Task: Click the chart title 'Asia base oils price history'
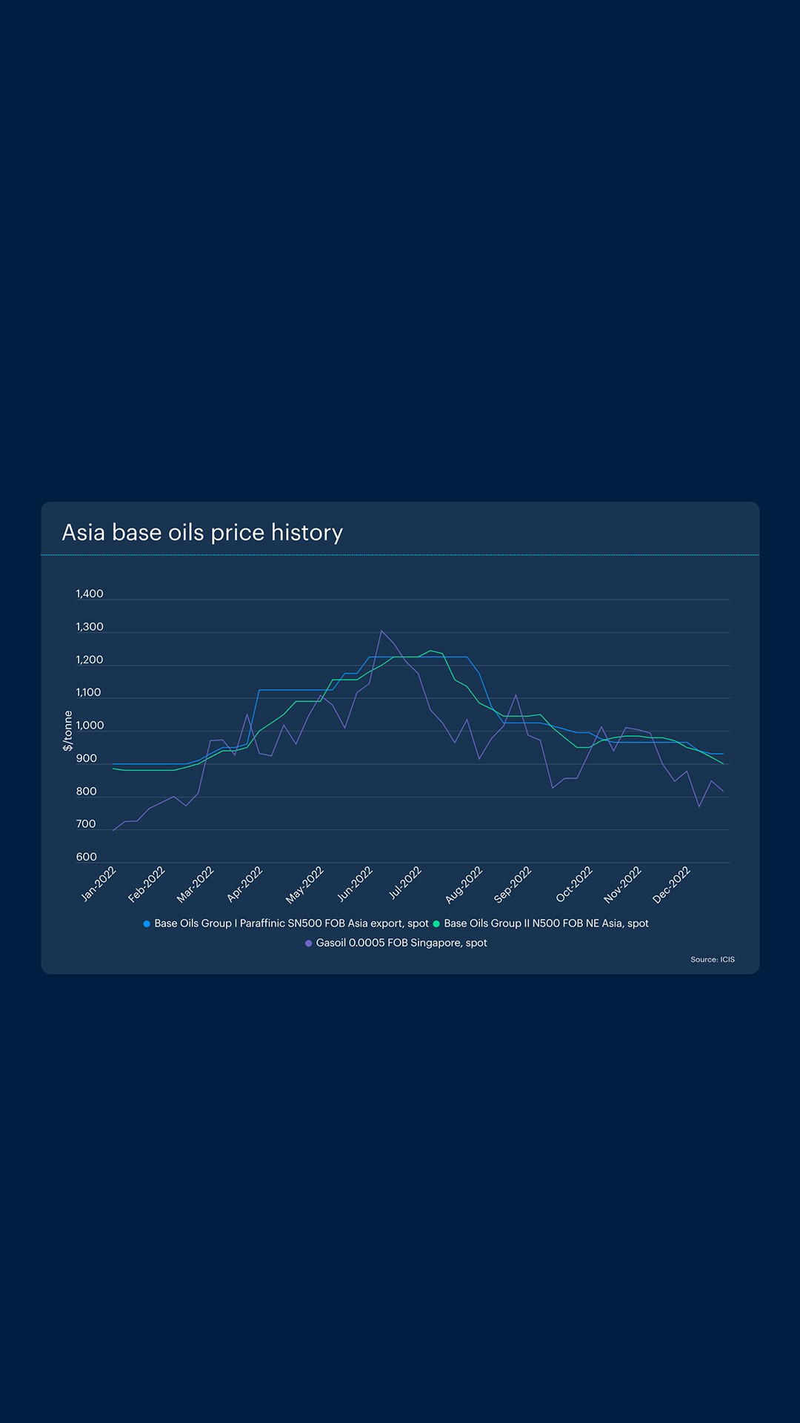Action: (x=202, y=533)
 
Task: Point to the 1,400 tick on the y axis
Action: (x=90, y=594)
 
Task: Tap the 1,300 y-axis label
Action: (x=90, y=627)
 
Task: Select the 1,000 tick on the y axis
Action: (x=90, y=726)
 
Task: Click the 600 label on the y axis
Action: (x=87, y=857)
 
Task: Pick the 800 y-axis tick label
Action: (x=87, y=792)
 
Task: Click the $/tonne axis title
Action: (x=68, y=731)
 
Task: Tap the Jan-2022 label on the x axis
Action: (x=99, y=883)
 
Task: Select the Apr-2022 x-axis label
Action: (x=245, y=883)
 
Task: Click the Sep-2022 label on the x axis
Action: (x=513, y=883)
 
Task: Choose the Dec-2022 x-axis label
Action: (x=672, y=883)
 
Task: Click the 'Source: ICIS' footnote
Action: (x=713, y=960)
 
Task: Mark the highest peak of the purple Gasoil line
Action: (x=381, y=631)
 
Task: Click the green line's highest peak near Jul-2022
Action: (x=430, y=651)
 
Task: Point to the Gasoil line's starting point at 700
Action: (x=113, y=830)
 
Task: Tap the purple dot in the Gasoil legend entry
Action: (x=309, y=943)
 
